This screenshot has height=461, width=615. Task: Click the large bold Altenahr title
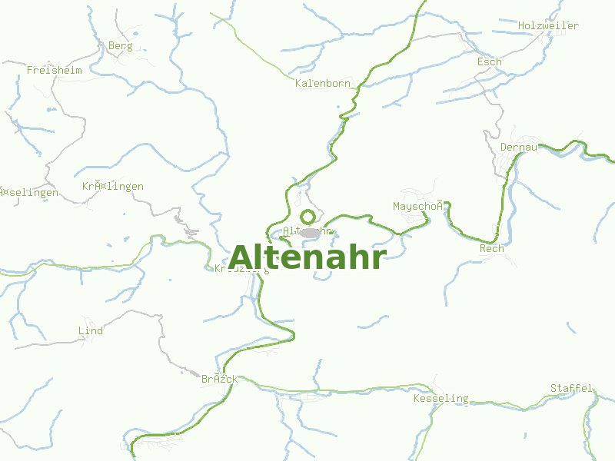pyautogui.click(x=307, y=257)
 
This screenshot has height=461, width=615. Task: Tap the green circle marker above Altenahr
pyautogui.click(x=307, y=217)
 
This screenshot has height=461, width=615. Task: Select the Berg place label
pyautogui.click(x=120, y=46)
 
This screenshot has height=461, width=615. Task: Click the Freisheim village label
pyautogui.click(x=54, y=70)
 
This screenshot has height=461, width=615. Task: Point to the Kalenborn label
pyautogui.click(x=323, y=83)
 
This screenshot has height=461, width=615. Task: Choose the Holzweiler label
pyautogui.click(x=547, y=25)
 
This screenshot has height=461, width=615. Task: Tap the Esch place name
pyautogui.click(x=489, y=61)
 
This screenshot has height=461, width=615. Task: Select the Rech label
pyautogui.click(x=491, y=248)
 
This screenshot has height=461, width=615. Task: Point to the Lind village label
pyautogui.click(x=91, y=331)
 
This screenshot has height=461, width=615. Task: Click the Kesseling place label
pyautogui.click(x=440, y=398)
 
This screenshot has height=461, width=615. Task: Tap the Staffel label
pyautogui.click(x=571, y=388)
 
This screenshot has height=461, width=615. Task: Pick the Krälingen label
pyautogui.click(x=112, y=187)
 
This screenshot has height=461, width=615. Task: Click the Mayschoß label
pyautogui.click(x=418, y=206)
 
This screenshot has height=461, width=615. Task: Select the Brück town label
pyautogui.click(x=219, y=380)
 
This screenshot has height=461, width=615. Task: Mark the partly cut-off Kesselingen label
pyautogui.click(x=28, y=192)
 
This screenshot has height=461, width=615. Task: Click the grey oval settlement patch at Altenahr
pyautogui.click(x=311, y=232)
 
